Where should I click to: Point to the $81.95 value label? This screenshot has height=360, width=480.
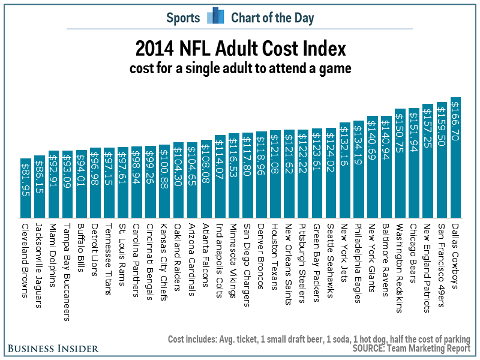[x=26, y=183]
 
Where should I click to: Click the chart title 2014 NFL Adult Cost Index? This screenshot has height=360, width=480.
[x=239, y=49]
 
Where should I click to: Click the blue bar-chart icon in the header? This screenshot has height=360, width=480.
[x=215, y=17]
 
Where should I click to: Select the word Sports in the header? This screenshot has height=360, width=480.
[x=184, y=18]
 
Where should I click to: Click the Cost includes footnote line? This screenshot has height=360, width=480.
[x=319, y=338]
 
